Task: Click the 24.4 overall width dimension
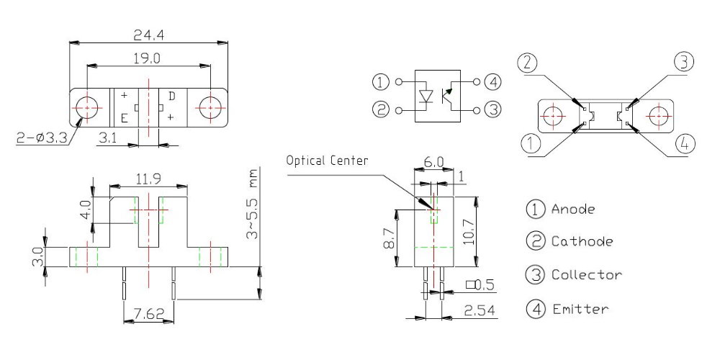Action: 149,34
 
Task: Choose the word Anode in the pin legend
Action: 575,210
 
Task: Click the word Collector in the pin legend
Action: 586,274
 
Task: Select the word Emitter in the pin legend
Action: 580,310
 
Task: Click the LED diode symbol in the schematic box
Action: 426,96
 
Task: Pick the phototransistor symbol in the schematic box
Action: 449,95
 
